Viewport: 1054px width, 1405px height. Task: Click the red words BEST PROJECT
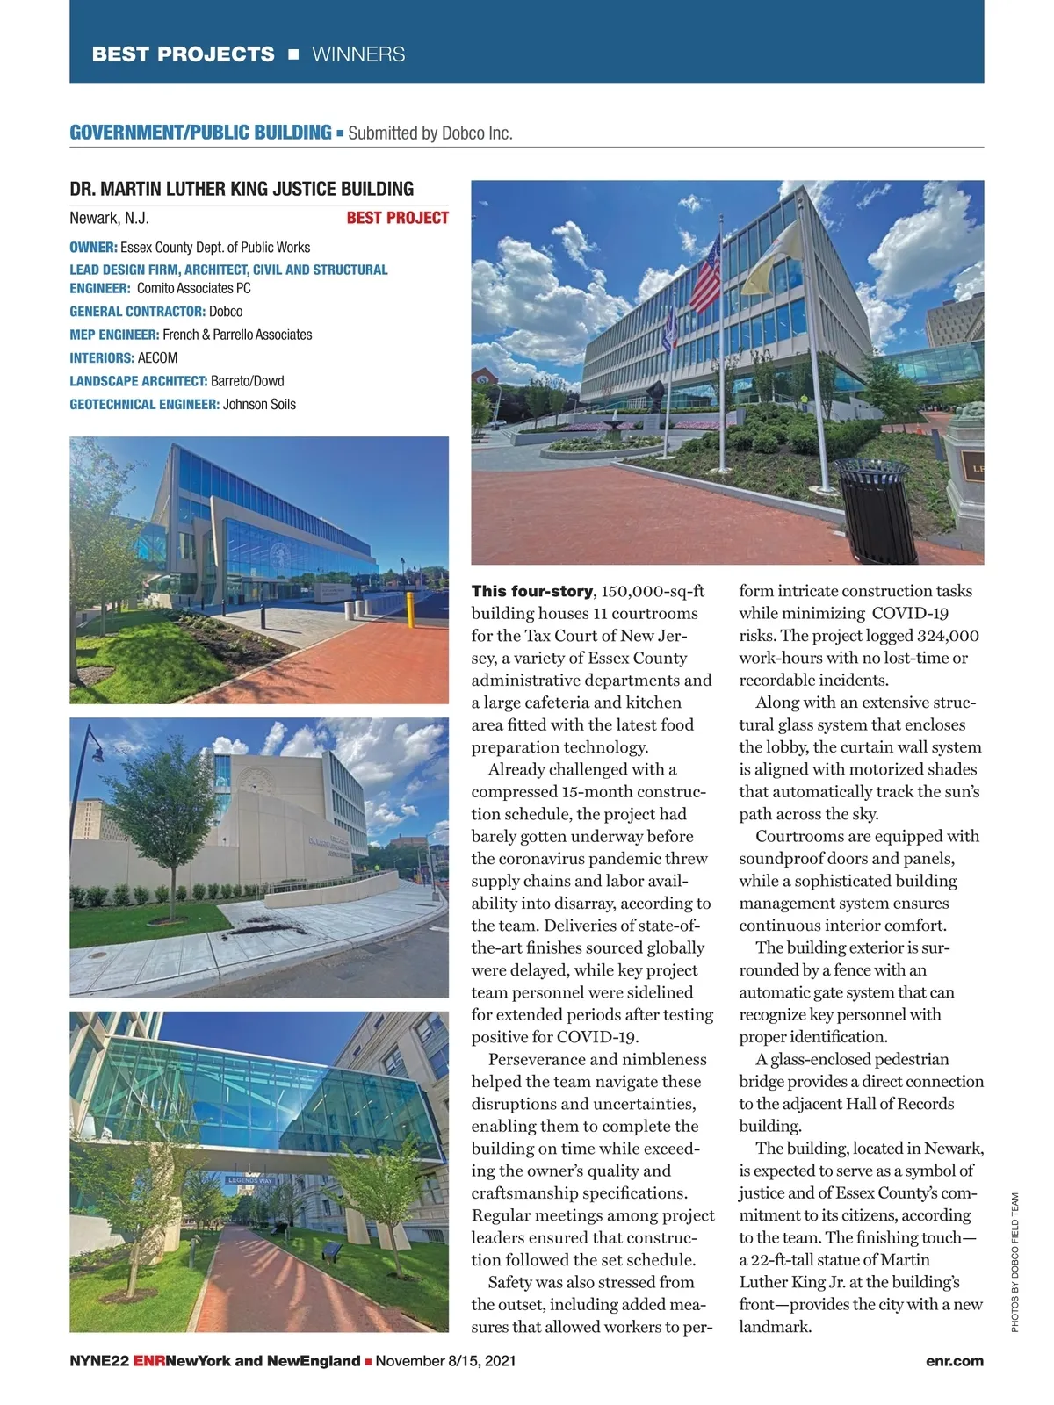tap(397, 218)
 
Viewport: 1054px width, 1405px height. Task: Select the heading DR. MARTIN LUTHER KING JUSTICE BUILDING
tap(242, 189)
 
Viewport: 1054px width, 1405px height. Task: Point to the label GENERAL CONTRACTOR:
tap(137, 311)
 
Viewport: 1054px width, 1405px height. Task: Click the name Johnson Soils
tap(259, 404)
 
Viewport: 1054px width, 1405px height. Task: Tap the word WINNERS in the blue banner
tap(358, 54)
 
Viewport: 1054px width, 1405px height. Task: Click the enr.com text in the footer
tap(954, 1361)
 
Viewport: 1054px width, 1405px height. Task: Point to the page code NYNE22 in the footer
tap(99, 1361)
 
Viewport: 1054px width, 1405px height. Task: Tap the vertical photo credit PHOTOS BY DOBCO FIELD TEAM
tap(1014, 1262)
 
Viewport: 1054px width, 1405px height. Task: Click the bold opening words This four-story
tap(531, 591)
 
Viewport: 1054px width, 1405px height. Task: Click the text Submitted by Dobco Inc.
tap(430, 133)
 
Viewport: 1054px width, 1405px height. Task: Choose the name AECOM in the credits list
tap(157, 357)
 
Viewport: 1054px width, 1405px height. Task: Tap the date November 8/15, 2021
tap(445, 1361)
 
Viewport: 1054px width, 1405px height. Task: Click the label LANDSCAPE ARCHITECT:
tap(139, 381)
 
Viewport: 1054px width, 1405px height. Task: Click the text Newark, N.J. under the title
tap(109, 218)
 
